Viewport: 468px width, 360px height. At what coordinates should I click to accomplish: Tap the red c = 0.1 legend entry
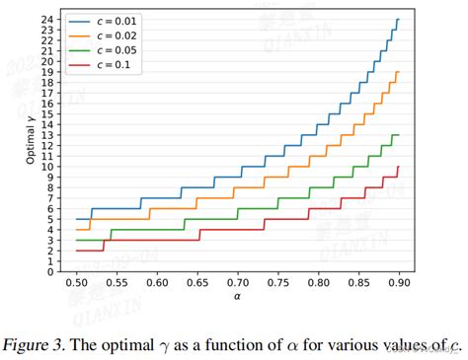(109, 65)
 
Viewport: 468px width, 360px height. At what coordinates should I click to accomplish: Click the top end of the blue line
(398, 20)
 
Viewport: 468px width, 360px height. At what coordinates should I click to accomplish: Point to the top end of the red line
(398, 167)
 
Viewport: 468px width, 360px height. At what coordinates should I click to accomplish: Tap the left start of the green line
(76, 240)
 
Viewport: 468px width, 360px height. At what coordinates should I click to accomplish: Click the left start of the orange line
(76, 230)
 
